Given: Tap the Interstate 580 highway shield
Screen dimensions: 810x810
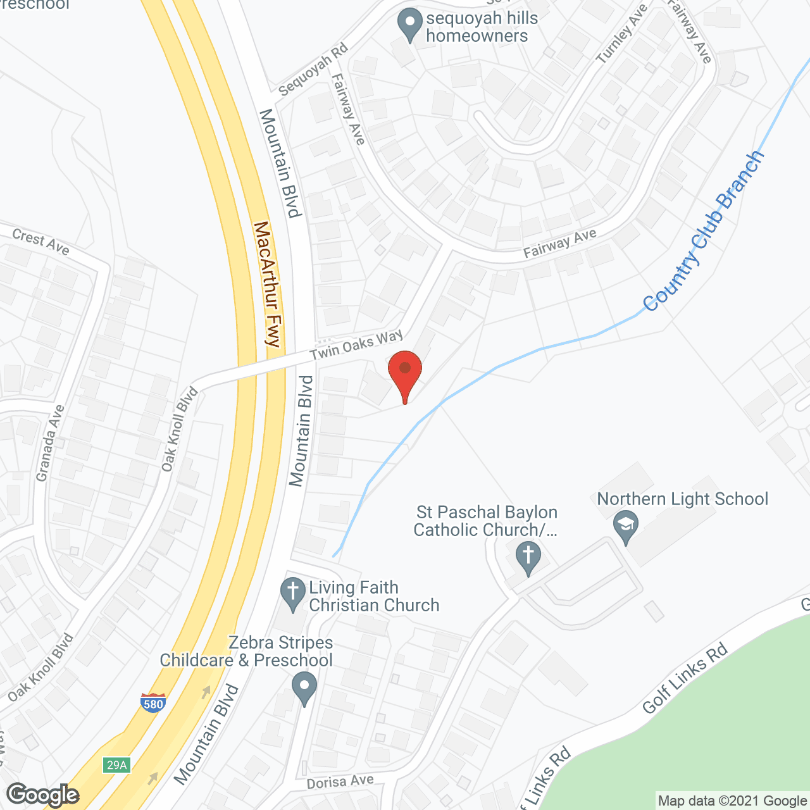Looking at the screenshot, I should [x=153, y=702].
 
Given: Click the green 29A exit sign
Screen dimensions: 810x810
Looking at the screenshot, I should [x=117, y=765].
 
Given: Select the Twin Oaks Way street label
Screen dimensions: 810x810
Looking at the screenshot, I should [x=356, y=346].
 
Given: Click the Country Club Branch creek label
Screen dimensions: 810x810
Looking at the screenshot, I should [x=703, y=232].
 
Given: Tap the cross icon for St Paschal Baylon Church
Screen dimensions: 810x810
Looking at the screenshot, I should [x=528, y=557].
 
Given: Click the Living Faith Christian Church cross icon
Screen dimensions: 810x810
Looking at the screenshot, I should [x=292, y=594].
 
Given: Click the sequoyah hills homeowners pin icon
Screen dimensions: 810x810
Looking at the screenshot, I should [x=410, y=25].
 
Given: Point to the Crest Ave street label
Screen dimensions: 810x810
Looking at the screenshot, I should [x=41, y=242].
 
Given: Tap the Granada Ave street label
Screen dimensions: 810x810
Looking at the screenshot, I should [x=50, y=443].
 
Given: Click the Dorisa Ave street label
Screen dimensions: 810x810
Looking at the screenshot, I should [x=340, y=782].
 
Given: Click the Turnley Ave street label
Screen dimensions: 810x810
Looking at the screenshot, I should [x=622, y=34].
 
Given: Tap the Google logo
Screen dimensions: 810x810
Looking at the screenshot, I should [x=43, y=795].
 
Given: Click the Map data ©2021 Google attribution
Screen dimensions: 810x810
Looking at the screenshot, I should [x=732, y=801].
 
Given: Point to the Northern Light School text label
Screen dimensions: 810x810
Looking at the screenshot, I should [x=682, y=499].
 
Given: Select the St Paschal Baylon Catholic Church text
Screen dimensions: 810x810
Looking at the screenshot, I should [x=486, y=521].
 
